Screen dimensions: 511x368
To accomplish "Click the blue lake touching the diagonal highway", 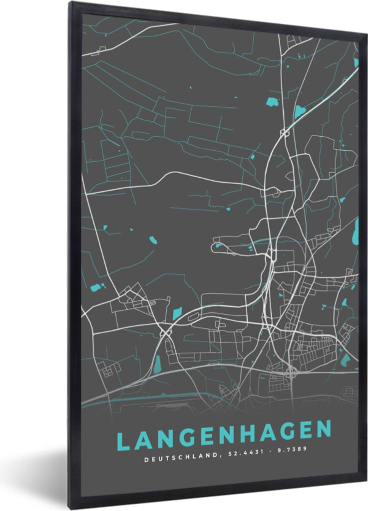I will (x=300, y=111).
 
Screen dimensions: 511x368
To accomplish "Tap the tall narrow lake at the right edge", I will (x=356, y=231).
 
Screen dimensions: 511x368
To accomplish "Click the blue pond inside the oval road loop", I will (x=218, y=245).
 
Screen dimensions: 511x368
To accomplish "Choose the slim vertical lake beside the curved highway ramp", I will (x=157, y=367).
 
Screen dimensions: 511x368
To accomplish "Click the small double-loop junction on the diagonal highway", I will (x=285, y=133).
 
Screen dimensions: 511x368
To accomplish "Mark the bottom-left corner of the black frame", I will (x=71, y=507).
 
